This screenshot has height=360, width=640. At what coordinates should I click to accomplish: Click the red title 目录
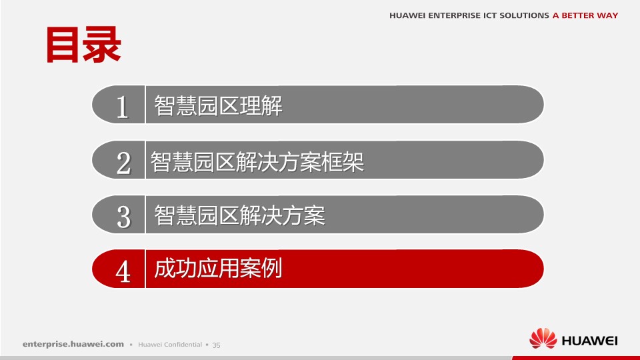83,45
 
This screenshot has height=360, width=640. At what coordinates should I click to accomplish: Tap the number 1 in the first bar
122,107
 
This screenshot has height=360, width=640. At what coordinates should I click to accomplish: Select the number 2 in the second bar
123,163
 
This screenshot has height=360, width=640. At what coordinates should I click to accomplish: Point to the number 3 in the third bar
124,217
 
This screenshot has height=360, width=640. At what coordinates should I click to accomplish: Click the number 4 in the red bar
123,271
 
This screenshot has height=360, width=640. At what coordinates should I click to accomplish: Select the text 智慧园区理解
219,106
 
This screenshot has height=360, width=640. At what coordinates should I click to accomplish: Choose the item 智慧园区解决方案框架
257,161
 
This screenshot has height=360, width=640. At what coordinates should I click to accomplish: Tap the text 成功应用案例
219,268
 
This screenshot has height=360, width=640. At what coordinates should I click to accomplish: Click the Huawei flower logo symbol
543,339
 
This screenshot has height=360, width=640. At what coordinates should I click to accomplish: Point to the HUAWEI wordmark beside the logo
590,341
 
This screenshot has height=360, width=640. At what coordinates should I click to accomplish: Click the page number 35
216,345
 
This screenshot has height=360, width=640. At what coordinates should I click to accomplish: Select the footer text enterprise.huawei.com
73,344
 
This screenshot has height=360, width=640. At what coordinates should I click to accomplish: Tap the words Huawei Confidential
170,345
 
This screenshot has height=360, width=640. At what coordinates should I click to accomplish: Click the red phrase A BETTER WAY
585,15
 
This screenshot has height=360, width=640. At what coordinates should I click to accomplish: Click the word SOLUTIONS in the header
524,15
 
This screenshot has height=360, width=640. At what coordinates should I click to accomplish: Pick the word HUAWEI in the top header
407,15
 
